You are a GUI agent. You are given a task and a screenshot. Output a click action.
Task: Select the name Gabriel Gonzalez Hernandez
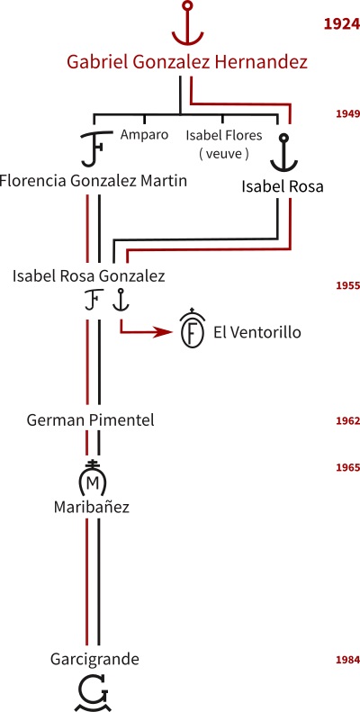(187, 62)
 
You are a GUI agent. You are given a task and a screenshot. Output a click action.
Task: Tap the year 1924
(341, 24)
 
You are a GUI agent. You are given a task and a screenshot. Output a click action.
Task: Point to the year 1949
(347, 114)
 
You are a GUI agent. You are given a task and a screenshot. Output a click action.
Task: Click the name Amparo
(144, 135)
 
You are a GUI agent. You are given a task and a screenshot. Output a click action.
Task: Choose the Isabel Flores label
(224, 135)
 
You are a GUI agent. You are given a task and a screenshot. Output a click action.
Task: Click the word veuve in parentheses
(224, 154)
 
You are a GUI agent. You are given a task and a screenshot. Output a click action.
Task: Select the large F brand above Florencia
(95, 149)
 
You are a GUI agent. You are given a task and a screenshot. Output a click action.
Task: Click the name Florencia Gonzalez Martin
(93, 181)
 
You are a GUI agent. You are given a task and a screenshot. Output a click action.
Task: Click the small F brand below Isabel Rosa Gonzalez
(92, 301)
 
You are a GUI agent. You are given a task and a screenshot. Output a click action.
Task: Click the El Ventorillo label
(256, 333)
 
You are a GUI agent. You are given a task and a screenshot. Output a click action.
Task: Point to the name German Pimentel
(90, 420)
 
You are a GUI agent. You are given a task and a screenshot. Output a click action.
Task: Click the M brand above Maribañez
(92, 479)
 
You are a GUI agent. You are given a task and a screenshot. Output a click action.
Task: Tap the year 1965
(347, 468)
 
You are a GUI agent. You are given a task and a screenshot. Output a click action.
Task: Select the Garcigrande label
(94, 659)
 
